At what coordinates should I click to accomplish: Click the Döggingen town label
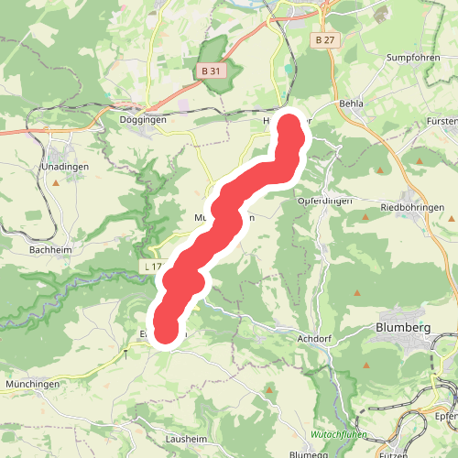pyautogui.click(x=144, y=119)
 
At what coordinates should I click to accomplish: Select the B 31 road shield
pyautogui.click(x=211, y=71)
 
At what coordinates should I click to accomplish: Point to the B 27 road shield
pyautogui.click(x=322, y=40)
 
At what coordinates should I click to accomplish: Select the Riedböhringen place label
pyautogui.click(x=412, y=208)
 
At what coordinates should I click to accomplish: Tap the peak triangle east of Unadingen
pyautogui.click(x=56, y=182)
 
